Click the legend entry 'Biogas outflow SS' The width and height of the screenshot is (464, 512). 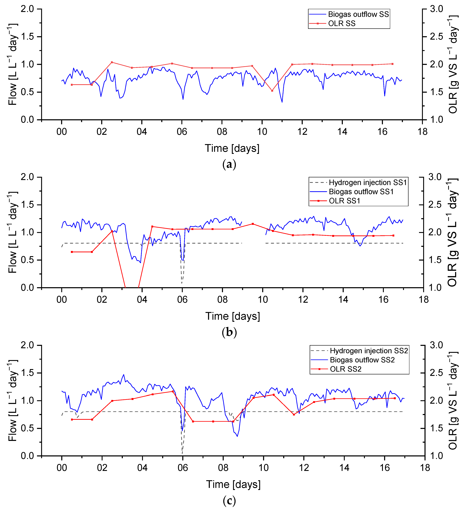tap(358, 14)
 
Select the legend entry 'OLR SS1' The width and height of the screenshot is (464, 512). tap(344, 201)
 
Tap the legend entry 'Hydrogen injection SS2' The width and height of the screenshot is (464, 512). tap(369, 351)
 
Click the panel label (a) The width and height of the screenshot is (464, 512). tap(229, 165)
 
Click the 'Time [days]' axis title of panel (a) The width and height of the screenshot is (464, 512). tap(232, 148)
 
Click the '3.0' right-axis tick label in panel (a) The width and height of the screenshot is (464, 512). tap(436, 9)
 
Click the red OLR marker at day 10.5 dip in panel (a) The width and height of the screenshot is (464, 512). tap(272, 91)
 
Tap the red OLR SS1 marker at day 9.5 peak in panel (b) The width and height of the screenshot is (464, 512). tap(253, 224)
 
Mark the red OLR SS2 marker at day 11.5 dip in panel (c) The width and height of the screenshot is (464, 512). tap(294, 414)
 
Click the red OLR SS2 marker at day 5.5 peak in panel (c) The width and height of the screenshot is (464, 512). tap(173, 391)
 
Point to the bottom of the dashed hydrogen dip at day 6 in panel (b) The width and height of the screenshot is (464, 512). tap(182, 283)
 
